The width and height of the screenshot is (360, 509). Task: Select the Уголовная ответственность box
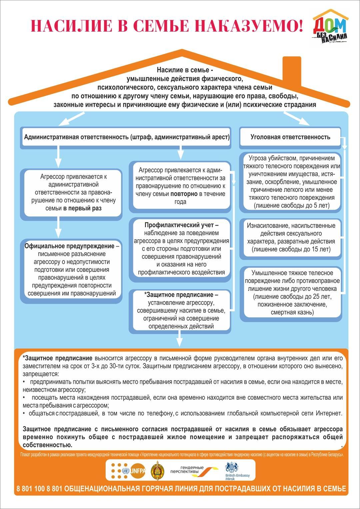pyautogui.click(x=290, y=137)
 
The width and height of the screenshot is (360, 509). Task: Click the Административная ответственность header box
pyautogui.click(x=127, y=137)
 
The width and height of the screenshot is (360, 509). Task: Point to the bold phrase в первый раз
pyautogui.click(x=82, y=208)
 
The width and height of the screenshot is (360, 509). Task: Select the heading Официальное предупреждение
pyautogui.click(x=69, y=246)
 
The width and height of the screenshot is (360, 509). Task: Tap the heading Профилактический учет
pyautogui.click(x=181, y=225)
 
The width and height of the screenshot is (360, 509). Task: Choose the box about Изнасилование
pyautogui.click(x=291, y=237)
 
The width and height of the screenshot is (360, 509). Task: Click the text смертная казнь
pyautogui.click(x=292, y=312)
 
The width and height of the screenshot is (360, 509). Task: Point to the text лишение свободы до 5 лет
pyautogui.click(x=292, y=206)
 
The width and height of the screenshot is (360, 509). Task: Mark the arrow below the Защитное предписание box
pyautogui.click(x=180, y=339)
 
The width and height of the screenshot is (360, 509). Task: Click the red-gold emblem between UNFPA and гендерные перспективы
pyautogui.click(x=156, y=471)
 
